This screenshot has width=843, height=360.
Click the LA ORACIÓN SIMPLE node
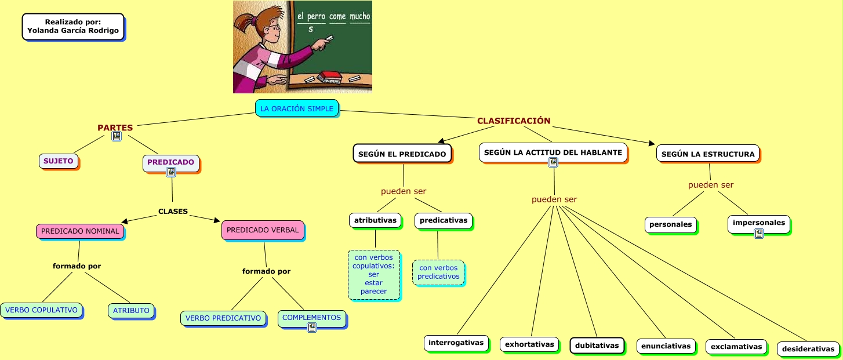click(296, 108)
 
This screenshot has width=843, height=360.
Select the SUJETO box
click(59, 161)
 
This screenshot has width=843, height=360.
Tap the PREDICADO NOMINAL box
click(80, 231)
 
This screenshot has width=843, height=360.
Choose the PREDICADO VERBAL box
click(263, 230)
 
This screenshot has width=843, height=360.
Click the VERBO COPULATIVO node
click(41, 310)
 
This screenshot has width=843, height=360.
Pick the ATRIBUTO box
click(131, 311)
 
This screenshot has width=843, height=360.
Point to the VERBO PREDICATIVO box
click(223, 318)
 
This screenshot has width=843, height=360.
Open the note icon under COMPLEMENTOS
click(312, 328)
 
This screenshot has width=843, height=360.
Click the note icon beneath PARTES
click(117, 136)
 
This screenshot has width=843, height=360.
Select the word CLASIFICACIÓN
click(513, 121)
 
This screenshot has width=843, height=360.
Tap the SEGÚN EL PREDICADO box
click(402, 154)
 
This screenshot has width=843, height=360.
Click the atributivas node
click(375, 220)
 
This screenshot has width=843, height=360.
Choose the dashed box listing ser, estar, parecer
click(374, 274)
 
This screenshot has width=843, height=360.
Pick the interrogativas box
click(456, 343)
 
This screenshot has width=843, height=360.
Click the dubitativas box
click(597, 346)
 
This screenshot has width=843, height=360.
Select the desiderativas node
click(808, 349)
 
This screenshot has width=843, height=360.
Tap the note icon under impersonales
click(758, 234)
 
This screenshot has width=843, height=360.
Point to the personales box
click(670, 224)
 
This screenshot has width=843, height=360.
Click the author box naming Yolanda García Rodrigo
click(73, 26)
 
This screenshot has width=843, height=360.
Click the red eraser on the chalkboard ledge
click(330, 74)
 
